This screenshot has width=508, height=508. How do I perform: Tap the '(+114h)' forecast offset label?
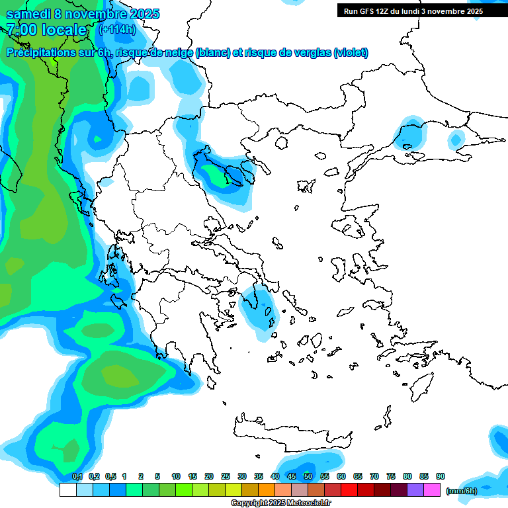pos(117,29)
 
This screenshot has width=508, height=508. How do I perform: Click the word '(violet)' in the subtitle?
pos(351,52)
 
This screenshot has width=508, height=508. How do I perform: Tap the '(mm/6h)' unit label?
pos(461,491)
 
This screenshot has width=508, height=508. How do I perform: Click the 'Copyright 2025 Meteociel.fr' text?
pos(281,503)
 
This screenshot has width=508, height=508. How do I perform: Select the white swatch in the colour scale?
pos(67,490)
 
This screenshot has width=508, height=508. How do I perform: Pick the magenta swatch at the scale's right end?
pos(432,490)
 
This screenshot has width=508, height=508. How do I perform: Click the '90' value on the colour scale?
pos(441,477)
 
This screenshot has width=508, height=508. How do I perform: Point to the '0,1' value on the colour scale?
pos(77,477)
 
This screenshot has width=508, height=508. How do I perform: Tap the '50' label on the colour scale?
pos(308,477)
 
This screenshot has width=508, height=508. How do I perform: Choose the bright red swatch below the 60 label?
pos(349,490)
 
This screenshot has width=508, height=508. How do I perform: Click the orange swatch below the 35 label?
pos(267,490)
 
